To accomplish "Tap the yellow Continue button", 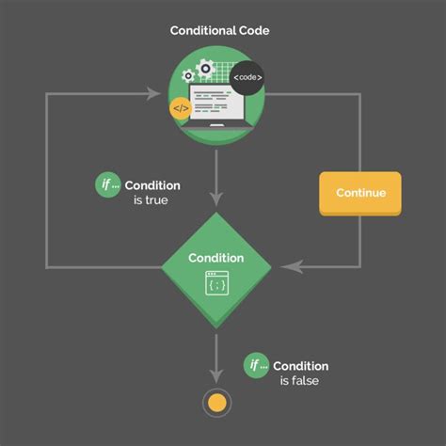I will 360,193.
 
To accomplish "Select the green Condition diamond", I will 216,269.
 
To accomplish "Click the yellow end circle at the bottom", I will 216,403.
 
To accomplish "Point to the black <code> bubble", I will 247,77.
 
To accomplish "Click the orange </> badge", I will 182,110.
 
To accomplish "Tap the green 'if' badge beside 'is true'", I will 108,185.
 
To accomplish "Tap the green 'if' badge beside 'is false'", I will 255,365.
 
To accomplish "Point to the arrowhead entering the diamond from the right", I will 292,268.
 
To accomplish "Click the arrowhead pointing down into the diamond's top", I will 216,199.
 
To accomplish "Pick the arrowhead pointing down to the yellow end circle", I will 216,374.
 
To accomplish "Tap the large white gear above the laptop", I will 205,69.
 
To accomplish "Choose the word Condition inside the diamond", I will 216,258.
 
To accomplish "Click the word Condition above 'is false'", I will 302,365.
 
